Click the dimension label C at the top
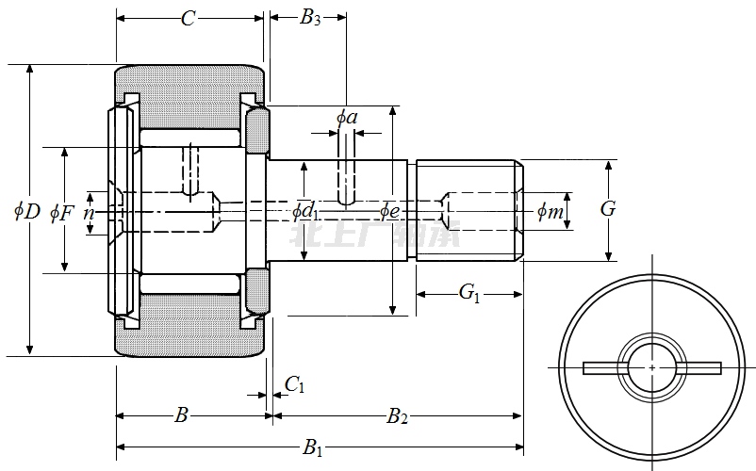click(x=189, y=17)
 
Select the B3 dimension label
click(x=310, y=17)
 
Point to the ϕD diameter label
click(x=26, y=211)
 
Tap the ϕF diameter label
click(x=62, y=212)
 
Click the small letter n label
click(x=89, y=213)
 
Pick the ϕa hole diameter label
click(x=347, y=117)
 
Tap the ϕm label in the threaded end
click(x=551, y=212)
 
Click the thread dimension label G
click(x=608, y=209)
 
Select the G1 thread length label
click(x=469, y=293)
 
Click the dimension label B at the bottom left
click(x=182, y=415)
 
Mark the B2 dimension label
click(x=397, y=415)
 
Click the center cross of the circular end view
click(x=652, y=366)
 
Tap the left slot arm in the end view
click(x=603, y=367)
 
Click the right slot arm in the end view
click(x=699, y=367)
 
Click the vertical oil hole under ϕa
click(x=347, y=179)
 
